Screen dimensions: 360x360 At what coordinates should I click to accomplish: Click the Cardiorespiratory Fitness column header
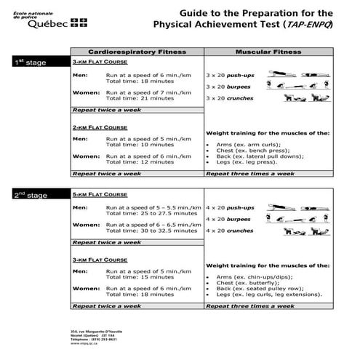point(137,52)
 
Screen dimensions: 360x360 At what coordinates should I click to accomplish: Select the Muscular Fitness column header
point(268,52)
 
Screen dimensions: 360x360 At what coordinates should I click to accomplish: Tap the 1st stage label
point(31,63)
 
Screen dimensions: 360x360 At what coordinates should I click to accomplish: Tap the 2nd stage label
point(31,196)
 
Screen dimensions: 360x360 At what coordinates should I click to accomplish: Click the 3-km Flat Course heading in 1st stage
point(97,63)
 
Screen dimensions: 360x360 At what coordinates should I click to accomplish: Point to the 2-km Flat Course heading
point(97,127)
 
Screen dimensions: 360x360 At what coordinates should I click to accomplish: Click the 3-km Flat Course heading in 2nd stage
point(97,260)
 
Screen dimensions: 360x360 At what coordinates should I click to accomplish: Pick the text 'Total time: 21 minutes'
point(140,98)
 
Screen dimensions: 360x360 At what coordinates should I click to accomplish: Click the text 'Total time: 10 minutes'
point(140,144)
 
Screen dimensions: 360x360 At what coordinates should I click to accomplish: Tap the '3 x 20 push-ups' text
point(230,75)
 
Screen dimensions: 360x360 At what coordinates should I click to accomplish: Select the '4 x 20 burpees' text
point(230,219)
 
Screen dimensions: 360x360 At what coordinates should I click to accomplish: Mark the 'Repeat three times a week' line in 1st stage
point(250,174)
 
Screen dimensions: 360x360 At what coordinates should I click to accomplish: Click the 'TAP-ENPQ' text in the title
point(307,25)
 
